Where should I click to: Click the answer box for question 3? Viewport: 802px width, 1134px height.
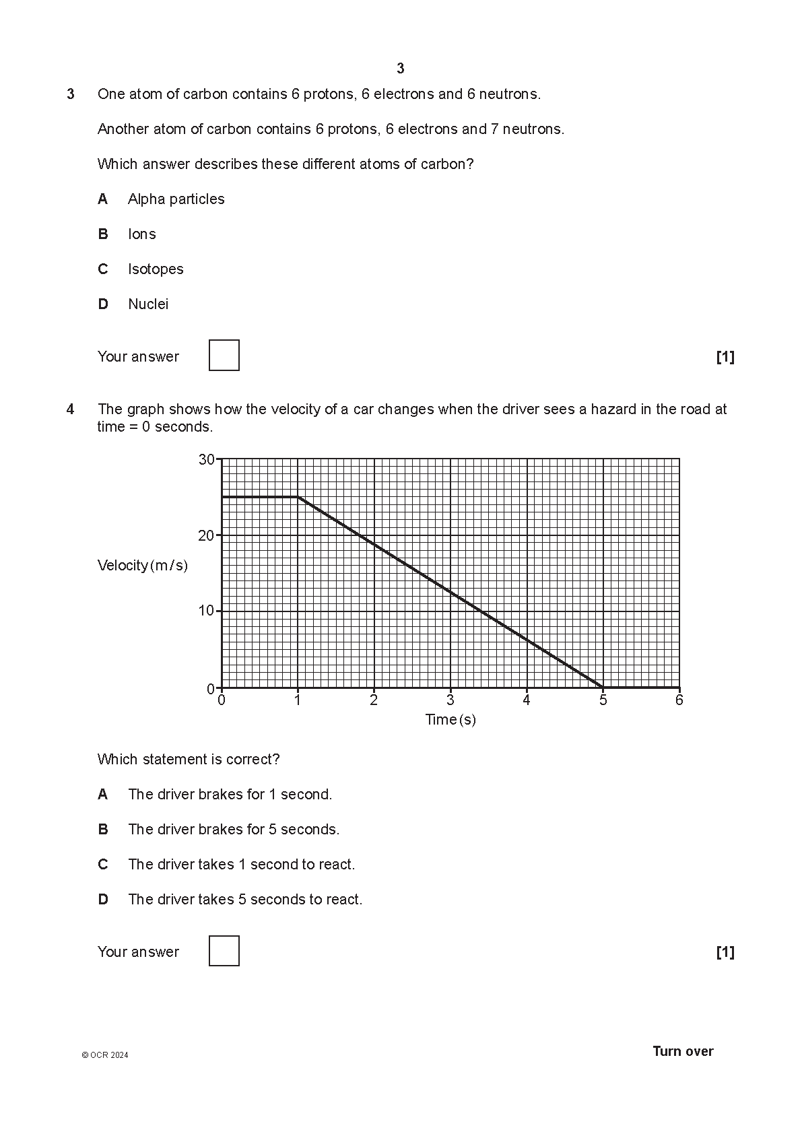pyautogui.click(x=224, y=356)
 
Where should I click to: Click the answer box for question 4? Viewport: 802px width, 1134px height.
pyautogui.click(x=224, y=951)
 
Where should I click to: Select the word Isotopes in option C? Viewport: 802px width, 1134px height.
pyautogui.click(x=156, y=269)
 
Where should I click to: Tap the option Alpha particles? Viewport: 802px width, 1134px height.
pyautogui.click(x=176, y=199)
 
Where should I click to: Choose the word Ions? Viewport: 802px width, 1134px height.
pyautogui.click(x=142, y=234)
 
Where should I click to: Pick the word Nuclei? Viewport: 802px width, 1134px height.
pyautogui.click(x=148, y=304)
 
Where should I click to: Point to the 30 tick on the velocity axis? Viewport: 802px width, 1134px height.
pyautogui.click(x=207, y=459)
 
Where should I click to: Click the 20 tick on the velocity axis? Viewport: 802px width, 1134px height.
pyautogui.click(x=207, y=535)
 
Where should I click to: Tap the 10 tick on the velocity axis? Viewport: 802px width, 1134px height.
pyautogui.click(x=207, y=611)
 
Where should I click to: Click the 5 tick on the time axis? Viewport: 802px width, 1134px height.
pyautogui.click(x=603, y=700)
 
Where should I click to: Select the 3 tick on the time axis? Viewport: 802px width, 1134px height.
pyautogui.click(x=450, y=700)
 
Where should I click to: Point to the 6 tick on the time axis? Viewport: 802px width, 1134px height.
pyautogui.click(x=679, y=700)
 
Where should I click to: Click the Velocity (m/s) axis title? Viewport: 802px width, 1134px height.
pyautogui.click(x=143, y=566)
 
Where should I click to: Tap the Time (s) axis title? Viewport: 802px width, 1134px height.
pyautogui.click(x=450, y=720)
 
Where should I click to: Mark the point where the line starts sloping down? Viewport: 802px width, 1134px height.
pyautogui.click(x=298, y=497)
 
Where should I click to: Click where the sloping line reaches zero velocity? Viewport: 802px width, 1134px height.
pyautogui.click(x=603, y=688)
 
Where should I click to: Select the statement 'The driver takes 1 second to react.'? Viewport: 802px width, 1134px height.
pyautogui.click(x=241, y=865)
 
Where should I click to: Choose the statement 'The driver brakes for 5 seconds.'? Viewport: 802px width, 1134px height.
pyautogui.click(x=234, y=830)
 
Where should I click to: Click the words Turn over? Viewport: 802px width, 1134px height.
pyautogui.click(x=683, y=1052)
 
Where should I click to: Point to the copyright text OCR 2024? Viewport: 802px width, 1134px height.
pyautogui.click(x=105, y=1055)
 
